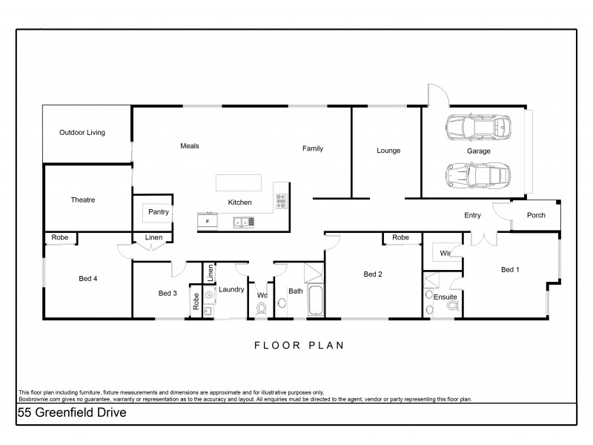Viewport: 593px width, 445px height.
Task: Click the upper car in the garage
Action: pos(479,128)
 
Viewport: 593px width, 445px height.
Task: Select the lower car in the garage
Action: pos(479,175)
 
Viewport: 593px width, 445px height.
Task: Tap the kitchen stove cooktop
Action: pos(281,199)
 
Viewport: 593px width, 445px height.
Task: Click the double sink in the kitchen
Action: pos(243,220)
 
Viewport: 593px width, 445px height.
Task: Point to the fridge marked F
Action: pos(208,220)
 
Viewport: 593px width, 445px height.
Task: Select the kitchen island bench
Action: pos(239,182)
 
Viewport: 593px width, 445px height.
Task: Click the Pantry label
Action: pos(159,212)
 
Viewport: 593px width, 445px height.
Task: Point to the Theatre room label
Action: pos(82,200)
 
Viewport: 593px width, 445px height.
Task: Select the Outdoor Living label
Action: pos(82,133)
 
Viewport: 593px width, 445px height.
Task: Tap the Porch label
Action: pos(535,216)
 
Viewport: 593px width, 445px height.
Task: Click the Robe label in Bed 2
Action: pos(400,237)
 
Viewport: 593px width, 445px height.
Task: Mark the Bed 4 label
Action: pos(87,279)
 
